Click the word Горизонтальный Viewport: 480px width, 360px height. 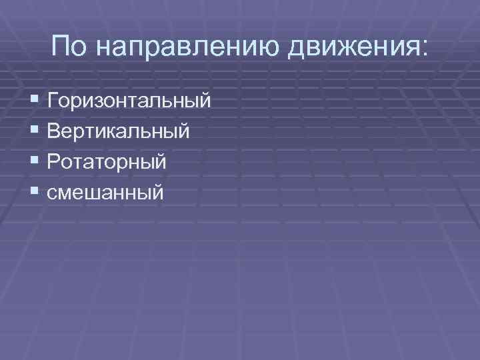[x=129, y=102]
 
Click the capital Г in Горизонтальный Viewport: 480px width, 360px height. [x=53, y=101]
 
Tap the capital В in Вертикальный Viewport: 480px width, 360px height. [x=55, y=131]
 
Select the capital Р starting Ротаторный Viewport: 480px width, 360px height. [x=54, y=161]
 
